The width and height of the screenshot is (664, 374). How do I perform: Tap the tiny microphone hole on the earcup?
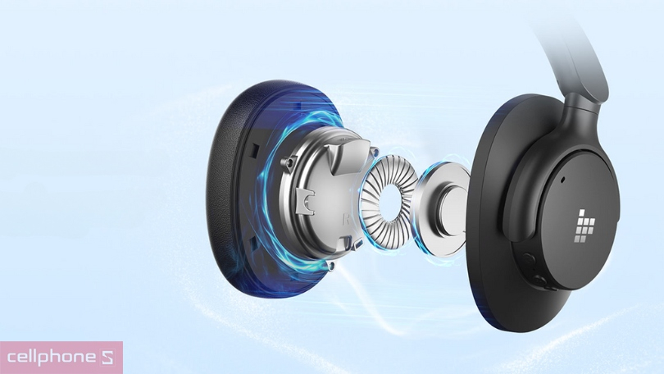[x=562, y=178]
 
